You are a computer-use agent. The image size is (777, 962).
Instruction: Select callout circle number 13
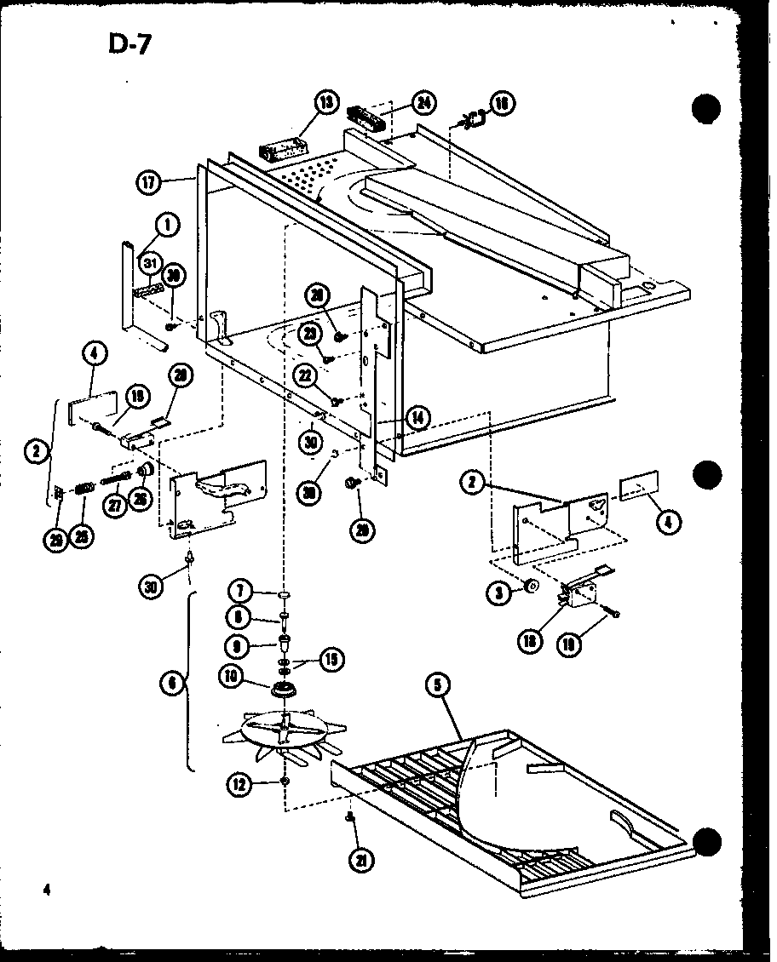coord(325,102)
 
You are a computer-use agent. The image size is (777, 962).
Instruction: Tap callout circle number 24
coord(422,103)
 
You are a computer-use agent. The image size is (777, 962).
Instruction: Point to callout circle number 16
coord(503,104)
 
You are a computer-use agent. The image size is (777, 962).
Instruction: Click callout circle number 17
coord(148,180)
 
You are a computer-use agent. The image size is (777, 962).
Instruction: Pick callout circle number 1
coord(167,226)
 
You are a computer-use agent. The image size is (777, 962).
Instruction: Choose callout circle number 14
coord(417,417)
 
